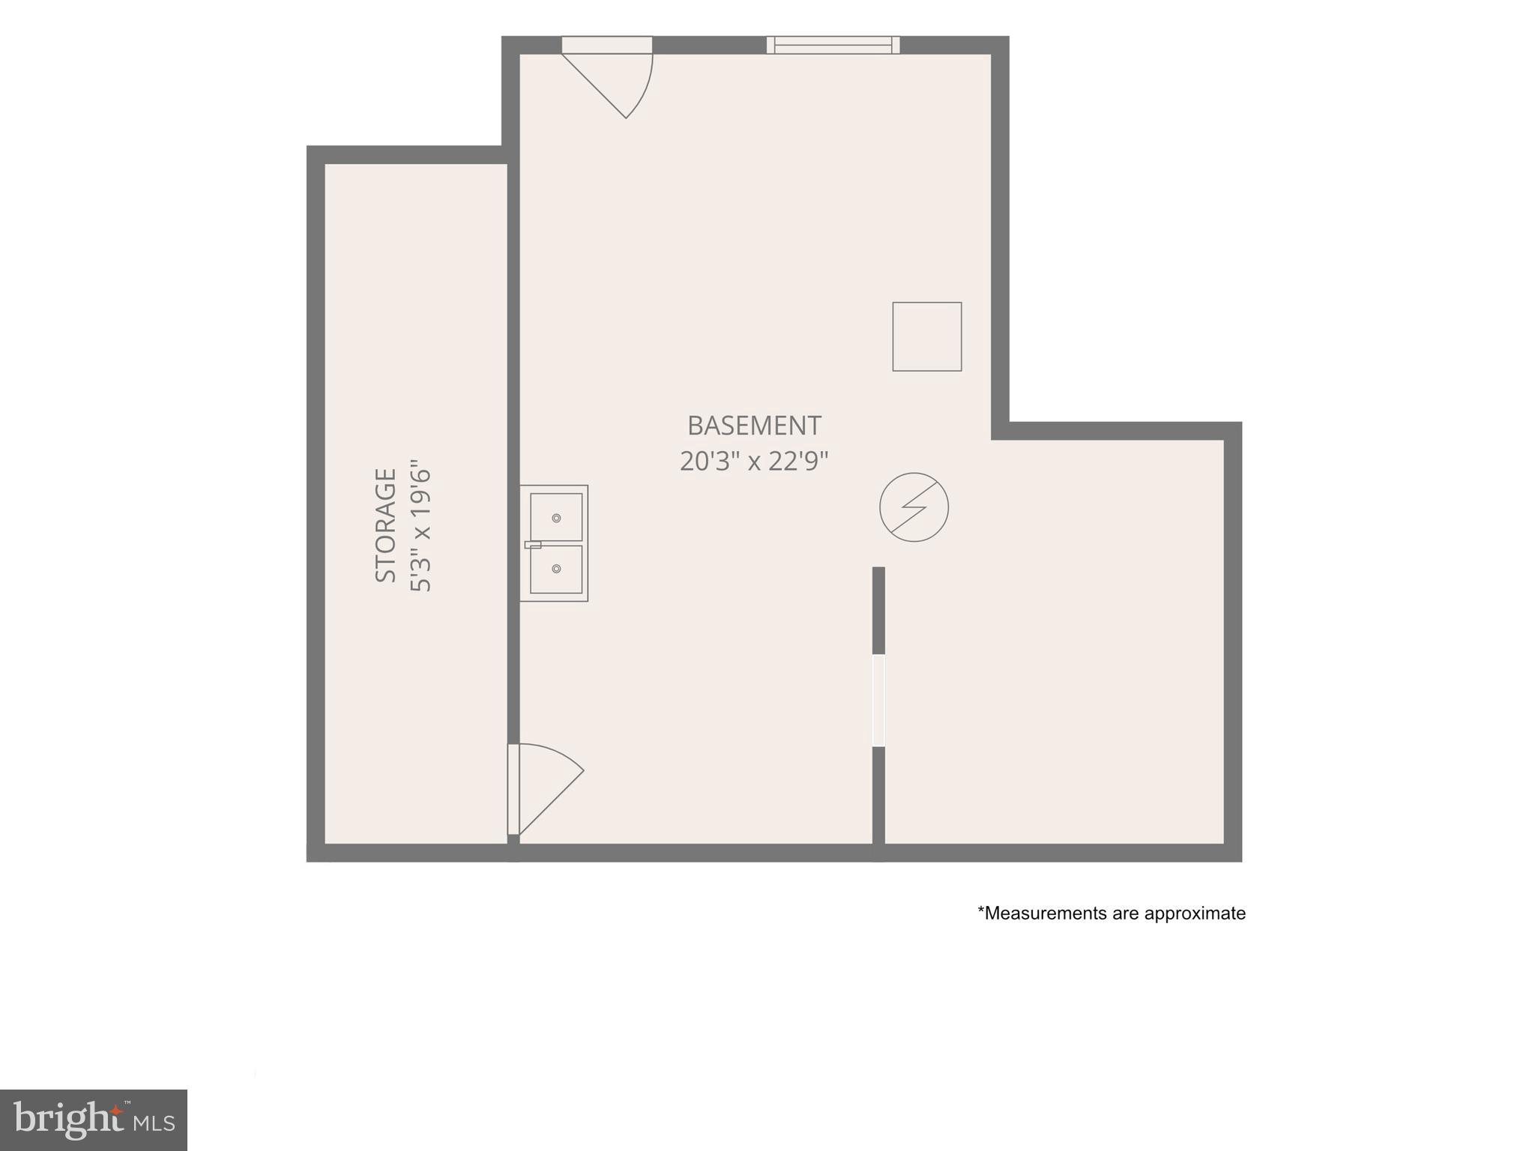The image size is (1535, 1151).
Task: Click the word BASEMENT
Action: click(x=754, y=426)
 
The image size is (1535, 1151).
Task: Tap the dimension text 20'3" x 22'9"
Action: click(x=754, y=461)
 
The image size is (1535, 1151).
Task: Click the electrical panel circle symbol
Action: click(x=914, y=507)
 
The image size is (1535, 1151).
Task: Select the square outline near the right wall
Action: click(x=926, y=336)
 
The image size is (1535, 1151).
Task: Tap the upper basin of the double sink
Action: click(x=556, y=517)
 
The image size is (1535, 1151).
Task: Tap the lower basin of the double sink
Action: click(x=556, y=570)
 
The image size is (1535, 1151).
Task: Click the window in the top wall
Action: click(x=833, y=45)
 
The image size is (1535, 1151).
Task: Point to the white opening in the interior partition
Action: click(x=878, y=701)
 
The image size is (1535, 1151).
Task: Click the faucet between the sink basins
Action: click(x=533, y=544)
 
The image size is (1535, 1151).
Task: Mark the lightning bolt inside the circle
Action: click(x=914, y=507)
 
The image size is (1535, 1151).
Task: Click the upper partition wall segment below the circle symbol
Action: click(x=878, y=610)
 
